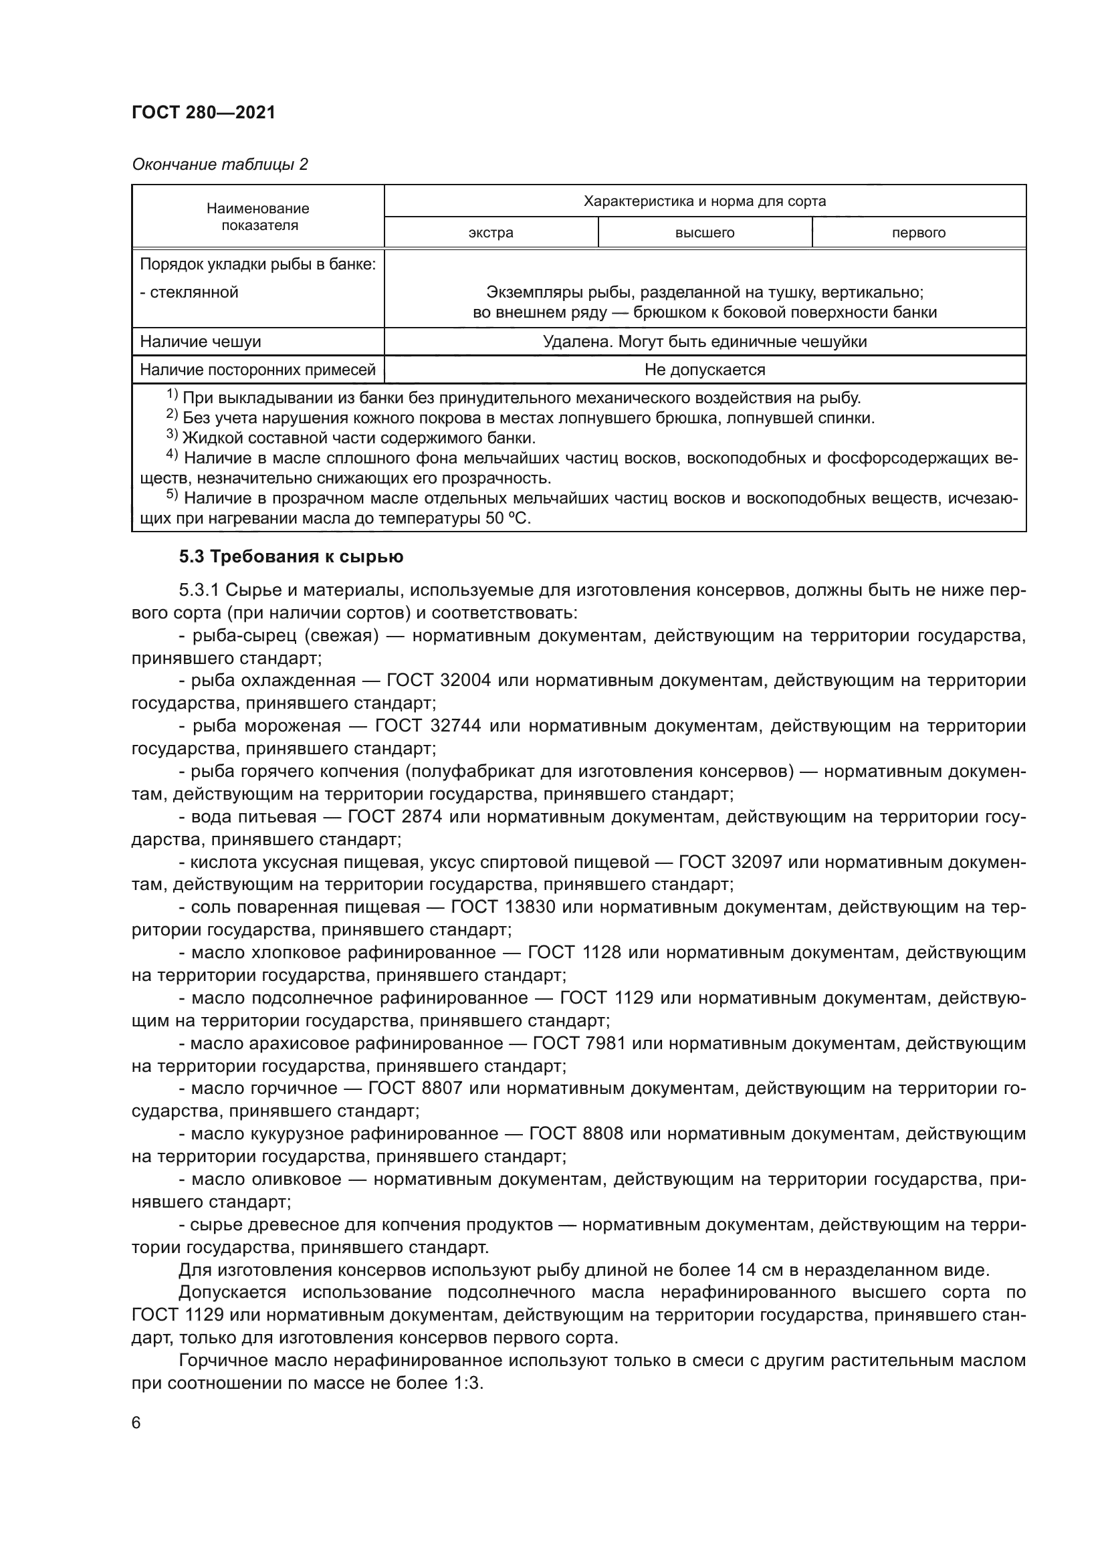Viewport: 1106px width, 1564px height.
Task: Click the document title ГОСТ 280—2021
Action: pyautogui.click(x=204, y=112)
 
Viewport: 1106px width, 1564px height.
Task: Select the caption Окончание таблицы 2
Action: pyautogui.click(x=219, y=164)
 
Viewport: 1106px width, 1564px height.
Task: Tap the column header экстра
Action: pyautogui.click(x=490, y=233)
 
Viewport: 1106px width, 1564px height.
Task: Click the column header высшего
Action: pyautogui.click(x=704, y=233)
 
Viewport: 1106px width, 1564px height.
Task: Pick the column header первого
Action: pyautogui.click(x=918, y=233)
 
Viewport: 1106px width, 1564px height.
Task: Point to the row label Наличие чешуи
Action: pyautogui.click(x=200, y=341)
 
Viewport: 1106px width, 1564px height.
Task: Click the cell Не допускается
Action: pyautogui.click(x=704, y=370)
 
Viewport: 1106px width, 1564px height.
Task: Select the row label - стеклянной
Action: pyautogui.click(x=189, y=292)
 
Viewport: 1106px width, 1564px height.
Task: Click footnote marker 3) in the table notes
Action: pyautogui.click(x=172, y=435)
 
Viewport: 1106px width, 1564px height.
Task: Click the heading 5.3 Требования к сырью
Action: pyautogui.click(x=291, y=556)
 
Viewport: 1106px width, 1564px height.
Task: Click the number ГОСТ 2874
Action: pyautogui.click(x=395, y=816)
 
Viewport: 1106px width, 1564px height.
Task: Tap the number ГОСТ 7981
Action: pyautogui.click(x=579, y=1043)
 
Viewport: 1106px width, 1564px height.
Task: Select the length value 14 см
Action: pyautogui.click(x=764, y=1270)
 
